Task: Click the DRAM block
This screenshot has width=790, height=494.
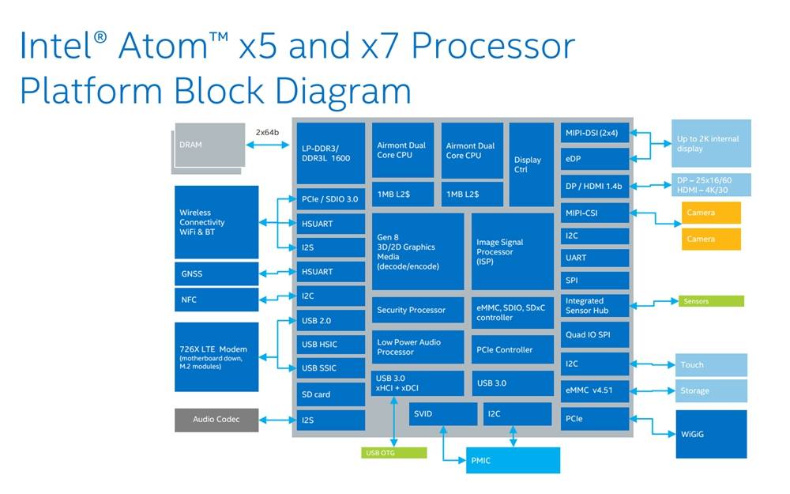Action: tap(208, 147)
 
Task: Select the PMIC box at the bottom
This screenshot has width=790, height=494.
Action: tap(512, 460)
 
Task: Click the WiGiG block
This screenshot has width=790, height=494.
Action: tap(709, 433)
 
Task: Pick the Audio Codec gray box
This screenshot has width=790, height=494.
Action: tap(216, 420)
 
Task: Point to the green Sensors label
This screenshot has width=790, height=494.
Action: tap(710, 301)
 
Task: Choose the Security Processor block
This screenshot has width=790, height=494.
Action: tap(417, 310)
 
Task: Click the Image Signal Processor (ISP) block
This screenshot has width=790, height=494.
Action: tap(512, 251)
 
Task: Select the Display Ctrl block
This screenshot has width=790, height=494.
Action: tap(531, 164)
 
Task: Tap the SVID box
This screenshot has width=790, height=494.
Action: tap(442, 414)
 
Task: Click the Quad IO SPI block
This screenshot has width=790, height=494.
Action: tap(595, 334)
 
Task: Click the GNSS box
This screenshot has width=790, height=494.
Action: tap(216, 274)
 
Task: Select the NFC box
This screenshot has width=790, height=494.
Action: tap(216, 300)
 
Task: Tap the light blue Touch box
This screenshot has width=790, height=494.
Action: tap(709, 365)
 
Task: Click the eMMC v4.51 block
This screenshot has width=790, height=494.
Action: tap(595, 390)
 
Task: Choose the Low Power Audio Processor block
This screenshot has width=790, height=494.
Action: tap(417, 347)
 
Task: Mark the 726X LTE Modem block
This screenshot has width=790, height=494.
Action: tap(216, 356)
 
